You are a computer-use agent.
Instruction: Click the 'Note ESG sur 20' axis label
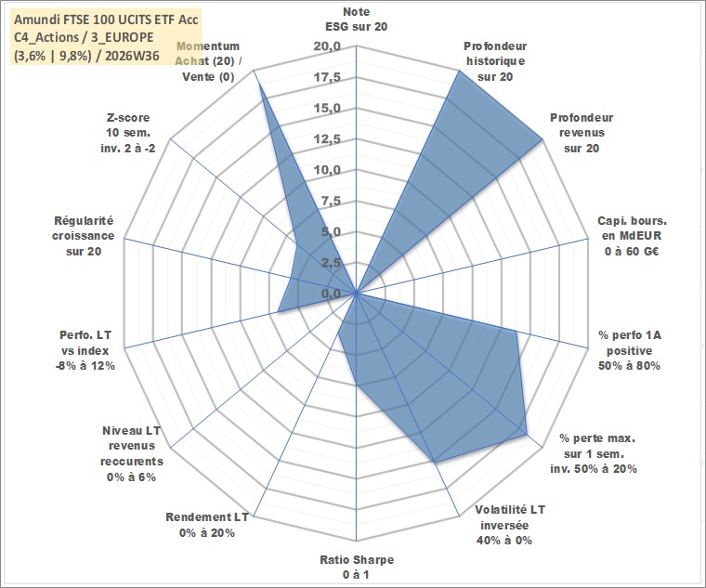pos(356,19)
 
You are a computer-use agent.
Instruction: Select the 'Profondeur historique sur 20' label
pos(495,61)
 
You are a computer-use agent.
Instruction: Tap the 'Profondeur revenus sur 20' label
pos(582,133)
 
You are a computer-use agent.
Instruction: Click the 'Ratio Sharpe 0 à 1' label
pos(357,568)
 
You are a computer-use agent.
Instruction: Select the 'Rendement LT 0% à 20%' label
pos(207,525)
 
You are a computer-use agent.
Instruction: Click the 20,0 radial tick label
pos(327,46)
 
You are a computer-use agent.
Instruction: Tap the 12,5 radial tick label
pos(327,139)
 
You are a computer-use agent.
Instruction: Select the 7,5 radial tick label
pos(331,202)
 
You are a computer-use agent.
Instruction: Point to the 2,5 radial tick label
pos(331,263)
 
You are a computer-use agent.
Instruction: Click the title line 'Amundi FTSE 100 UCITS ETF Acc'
pos(106,20)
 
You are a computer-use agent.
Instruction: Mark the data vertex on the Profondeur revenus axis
pos(543,140)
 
